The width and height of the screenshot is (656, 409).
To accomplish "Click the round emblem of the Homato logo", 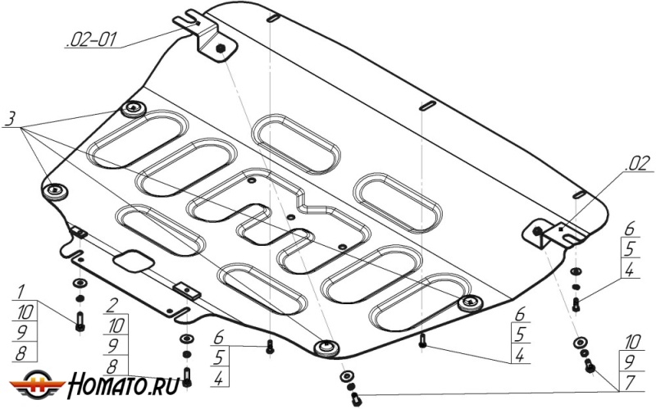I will tap(38, 383).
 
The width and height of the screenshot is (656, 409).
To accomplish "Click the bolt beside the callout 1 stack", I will tap(80, 321).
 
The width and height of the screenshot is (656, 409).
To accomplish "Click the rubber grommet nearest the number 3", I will tap(133, 109).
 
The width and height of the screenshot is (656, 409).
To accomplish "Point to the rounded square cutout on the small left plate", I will tap(130, 260).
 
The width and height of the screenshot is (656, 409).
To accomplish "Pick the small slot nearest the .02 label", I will tap(580, 194).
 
